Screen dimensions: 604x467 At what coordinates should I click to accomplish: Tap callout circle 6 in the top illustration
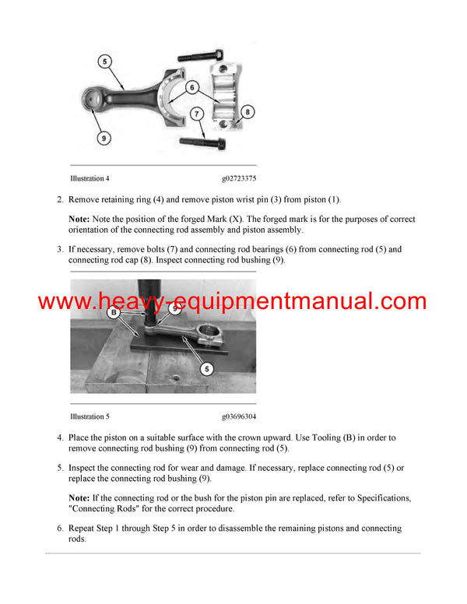tap(192, 88)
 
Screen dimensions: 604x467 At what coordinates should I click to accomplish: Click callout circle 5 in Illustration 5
tap(206, 368)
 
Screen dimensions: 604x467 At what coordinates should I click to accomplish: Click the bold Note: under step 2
tap(79, 219)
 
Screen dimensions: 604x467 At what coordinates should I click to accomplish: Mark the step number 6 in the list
tap(60, 528)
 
